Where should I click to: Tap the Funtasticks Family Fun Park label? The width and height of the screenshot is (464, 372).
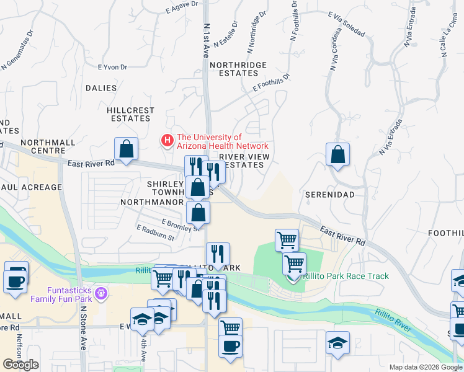(73, 294)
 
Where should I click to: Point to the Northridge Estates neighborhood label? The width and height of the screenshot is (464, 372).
(238, 69)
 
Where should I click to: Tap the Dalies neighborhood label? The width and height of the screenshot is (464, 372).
(100, 88)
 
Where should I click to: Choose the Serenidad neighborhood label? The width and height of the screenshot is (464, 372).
(329, 195)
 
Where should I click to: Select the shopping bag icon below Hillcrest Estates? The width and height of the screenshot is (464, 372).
(126, 149)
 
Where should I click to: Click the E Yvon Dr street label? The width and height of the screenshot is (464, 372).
(112, 68)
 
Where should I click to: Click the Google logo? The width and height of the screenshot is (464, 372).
(20, 365)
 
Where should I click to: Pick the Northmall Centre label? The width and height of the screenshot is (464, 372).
(48, 146)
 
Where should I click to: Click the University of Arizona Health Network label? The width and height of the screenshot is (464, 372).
(208, 141)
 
